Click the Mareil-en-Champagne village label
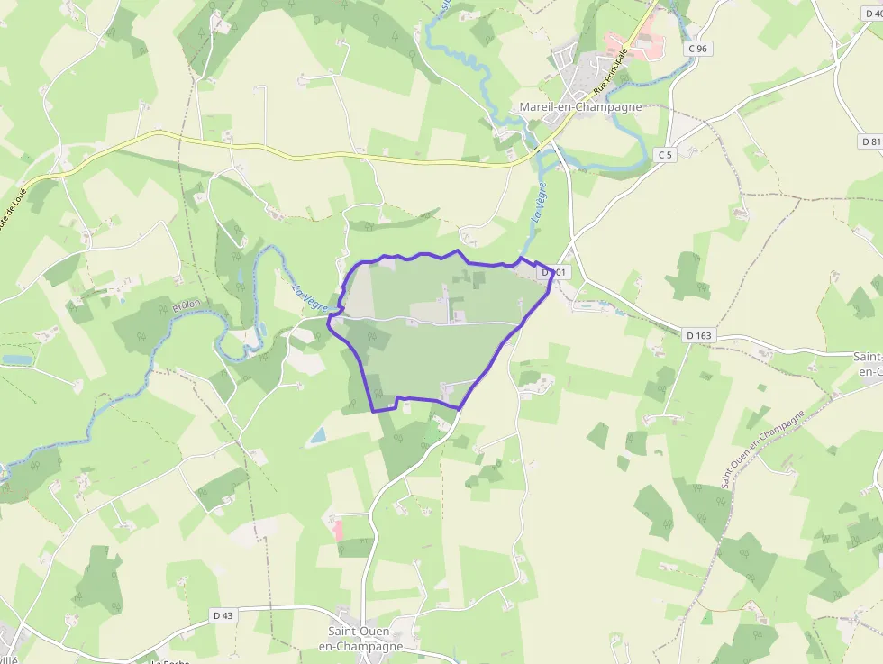[x=580, y=107]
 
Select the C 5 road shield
[x=665, y=155]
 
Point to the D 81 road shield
[x=869, y=141]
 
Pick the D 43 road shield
[x=223, y=615]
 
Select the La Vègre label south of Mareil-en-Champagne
[x=539, y=203]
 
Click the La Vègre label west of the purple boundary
[x=309, y=297]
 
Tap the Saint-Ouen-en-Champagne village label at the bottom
[x=365, y=639]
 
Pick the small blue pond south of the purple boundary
[x=316, y=436]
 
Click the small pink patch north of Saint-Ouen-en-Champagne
[x=339, y=529]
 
